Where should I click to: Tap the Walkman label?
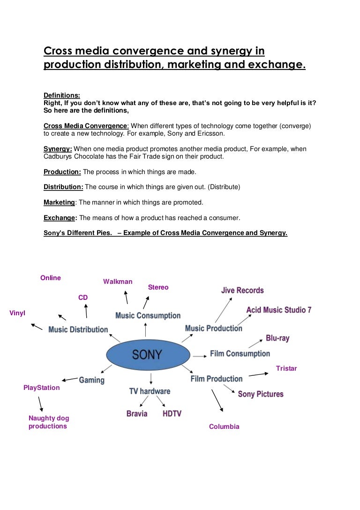tap(118, 282)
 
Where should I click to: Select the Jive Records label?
tap(242, 290)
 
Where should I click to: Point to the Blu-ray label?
tap(277, 338)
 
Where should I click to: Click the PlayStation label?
tap(42, 388)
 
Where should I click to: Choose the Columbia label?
tap(224, 426)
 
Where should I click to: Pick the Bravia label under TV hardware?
tap(137, 413)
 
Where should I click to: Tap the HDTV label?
tap(172, 413)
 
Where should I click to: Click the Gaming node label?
tap(91, 380)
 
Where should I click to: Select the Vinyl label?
tap(17, 312)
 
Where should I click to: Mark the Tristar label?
tap(286, 368)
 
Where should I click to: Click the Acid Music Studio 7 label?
tap(279, 310)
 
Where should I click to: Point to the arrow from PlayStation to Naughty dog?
tap(41, 403)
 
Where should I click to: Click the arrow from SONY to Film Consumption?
tap(199, 356)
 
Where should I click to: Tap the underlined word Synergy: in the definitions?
tap(58, 149)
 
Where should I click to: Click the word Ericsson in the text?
tap(211, 133)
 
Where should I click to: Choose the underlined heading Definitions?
tap(62, 95)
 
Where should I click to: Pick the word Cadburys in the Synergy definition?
tap(59, 156)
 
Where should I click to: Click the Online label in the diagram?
tap(51, 278)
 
